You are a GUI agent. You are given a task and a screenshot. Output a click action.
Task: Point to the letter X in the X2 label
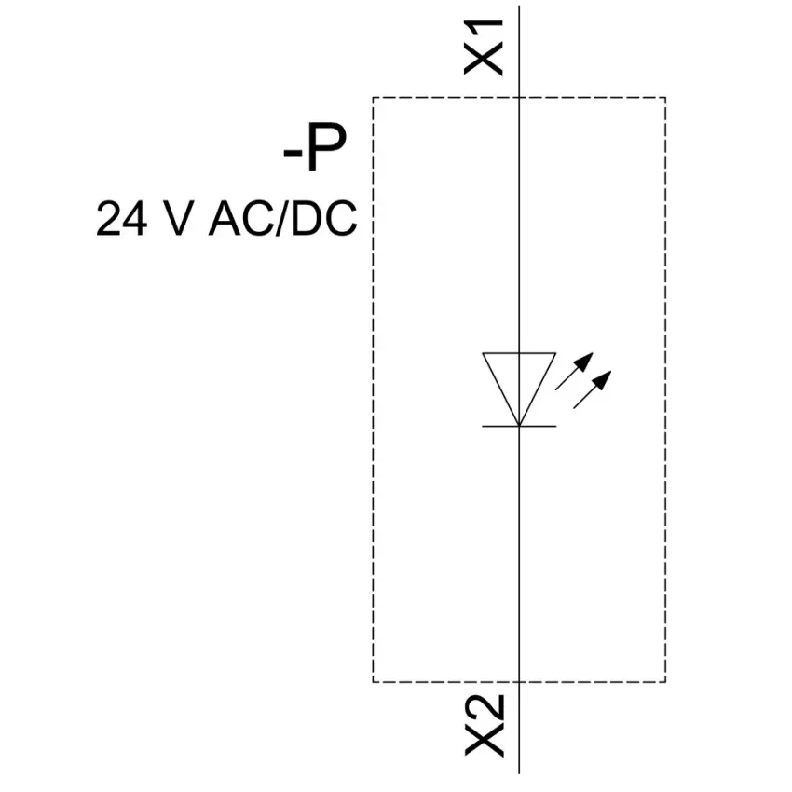[485, 742]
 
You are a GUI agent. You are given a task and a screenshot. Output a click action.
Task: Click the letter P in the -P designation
[327, 147]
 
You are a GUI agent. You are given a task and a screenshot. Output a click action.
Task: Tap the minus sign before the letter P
[292, 153]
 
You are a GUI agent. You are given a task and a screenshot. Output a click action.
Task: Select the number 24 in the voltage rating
[122, 219]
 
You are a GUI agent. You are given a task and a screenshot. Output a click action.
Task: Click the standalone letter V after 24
[179, 219]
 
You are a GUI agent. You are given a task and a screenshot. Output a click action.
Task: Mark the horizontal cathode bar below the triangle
[519, 427]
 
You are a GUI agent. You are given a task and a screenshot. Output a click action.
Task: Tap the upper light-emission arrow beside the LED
[574, 371]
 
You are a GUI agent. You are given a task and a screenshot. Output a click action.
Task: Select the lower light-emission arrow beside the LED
[592, 389]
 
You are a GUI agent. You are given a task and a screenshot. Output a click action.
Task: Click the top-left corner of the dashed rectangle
[374, 97]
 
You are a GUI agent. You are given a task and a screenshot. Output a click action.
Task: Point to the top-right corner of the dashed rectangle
[665, 97]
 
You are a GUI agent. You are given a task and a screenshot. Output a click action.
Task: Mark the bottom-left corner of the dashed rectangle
[374, 682]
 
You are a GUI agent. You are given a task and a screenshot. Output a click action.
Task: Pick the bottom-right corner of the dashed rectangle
[665, 682]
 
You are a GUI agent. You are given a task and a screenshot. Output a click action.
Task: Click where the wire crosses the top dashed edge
[519, 97]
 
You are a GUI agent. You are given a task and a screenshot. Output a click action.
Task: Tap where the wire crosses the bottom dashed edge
[519, 682]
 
